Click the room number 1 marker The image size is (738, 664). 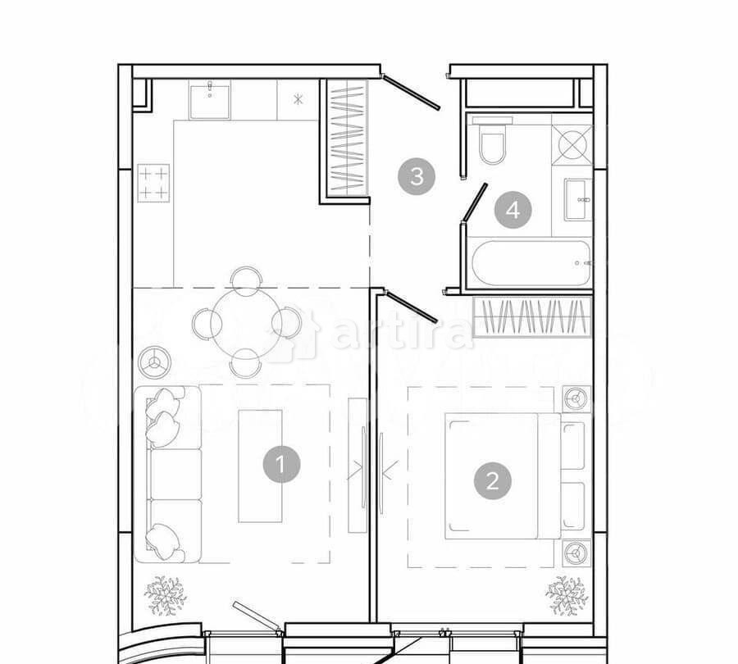point(281,465)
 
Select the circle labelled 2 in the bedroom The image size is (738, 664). point(492,480)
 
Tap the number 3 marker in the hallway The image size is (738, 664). point(417,176)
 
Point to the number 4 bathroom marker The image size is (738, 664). point(512,211)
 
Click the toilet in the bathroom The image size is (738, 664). point(494,143)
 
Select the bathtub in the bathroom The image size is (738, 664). point(531,263)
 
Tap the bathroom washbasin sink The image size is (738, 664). point(577,199)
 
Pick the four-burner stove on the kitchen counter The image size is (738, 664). point(153,183)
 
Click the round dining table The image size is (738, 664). point(245,322)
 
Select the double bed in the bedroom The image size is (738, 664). point(503,476)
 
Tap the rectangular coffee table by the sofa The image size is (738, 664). point(260,465)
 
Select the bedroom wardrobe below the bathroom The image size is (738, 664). point(532,317)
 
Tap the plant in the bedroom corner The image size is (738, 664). point(567,594)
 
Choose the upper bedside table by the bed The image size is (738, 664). point(576,399)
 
